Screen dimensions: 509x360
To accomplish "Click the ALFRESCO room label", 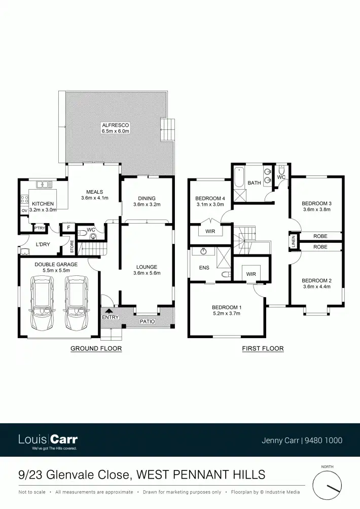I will [116, 125].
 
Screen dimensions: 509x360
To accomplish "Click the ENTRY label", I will [110, 317].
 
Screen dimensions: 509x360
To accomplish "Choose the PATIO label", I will [147, 321].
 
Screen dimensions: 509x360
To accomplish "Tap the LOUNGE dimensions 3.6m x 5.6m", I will [147, 273].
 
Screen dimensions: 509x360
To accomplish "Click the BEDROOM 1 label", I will [226, 307].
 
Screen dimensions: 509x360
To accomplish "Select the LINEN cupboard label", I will [294, 242].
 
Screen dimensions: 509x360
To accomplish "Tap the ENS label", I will [204, 267].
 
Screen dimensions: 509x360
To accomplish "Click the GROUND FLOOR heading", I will [96, 348].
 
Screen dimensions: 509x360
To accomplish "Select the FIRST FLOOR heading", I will [263, 348].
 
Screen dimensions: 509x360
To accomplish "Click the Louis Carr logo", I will [48, 440].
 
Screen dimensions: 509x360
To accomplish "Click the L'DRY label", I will [42, 244].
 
